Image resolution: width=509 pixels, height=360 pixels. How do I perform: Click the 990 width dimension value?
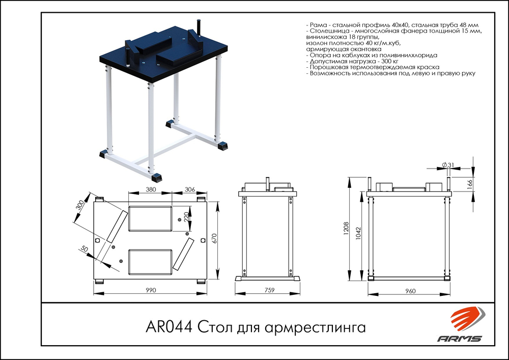(150, 290)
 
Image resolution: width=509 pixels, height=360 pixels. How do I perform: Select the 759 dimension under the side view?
(269, 290)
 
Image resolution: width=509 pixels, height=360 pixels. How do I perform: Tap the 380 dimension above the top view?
(151, 188)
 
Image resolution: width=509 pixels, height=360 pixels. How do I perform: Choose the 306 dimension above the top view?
(189, 188)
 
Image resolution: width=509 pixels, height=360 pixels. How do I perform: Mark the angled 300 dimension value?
(79, 207)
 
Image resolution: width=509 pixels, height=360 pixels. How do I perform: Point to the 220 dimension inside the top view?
(186, 218)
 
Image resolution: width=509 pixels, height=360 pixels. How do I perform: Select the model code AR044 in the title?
(169, 326)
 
